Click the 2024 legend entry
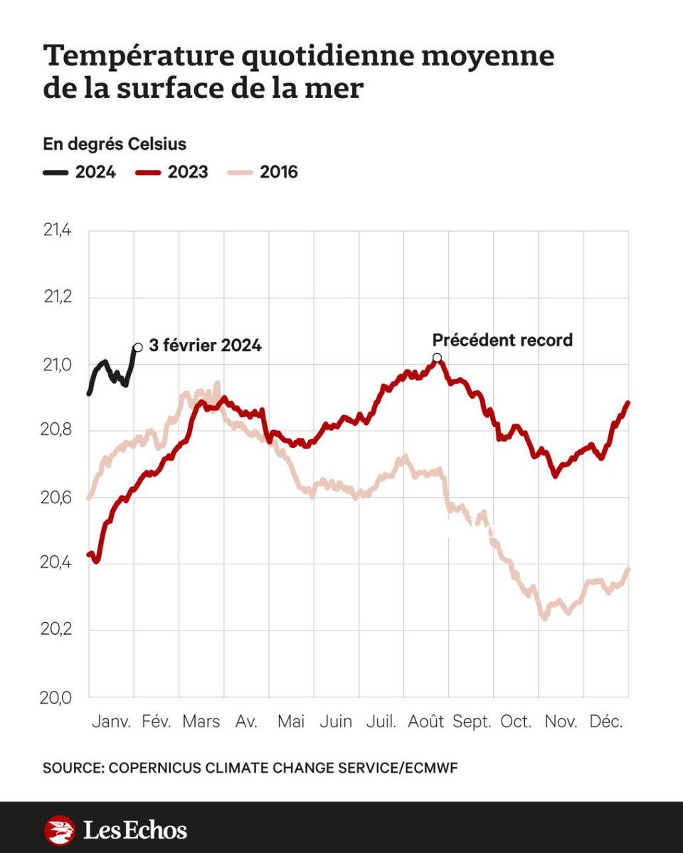pyautogui.click(x=79, y=172)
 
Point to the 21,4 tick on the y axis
pyautogui.click(x=58, y=231)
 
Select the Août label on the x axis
pyautogui.click(x=425, y=721)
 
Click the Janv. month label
pyautogui.click(x=112, y=721)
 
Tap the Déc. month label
pyautogui.click(x=606, y=721)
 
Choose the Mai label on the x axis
pyautogui.click(x=291, y=721)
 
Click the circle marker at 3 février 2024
pyautogui.click(x=137, y=347)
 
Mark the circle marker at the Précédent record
pyautogui.click(x=437, y=358)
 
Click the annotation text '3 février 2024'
pyautogui.click(x=206, y=347)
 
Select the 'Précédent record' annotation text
pyautogui.click(x=502, y=340)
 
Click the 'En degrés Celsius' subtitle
pyautogui.click(x=115, y=144)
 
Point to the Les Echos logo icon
pyautogui.click(x=59, y=830)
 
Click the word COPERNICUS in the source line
pyautogui.click(x=164, y=768)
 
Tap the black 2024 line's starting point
pyautogui.click(x=89, y=393)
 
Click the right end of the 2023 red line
pyautogui.click(x=628, y=403)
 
